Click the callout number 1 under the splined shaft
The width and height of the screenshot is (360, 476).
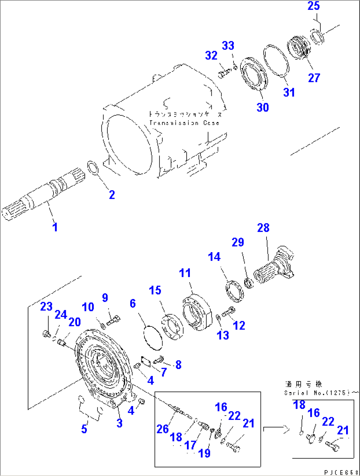pos(55,227)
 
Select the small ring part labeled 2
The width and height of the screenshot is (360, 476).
pos(93,167)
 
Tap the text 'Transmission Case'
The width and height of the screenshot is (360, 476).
pos(184,123)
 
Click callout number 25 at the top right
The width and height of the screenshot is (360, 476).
pos(313,6)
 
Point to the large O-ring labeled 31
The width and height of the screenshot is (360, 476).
pos(276,61)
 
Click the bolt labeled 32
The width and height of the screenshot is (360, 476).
pos(224,73)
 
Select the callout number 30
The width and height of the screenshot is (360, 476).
pos(263,107)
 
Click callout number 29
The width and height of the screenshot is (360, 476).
pos(237,242)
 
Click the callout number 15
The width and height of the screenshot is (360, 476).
pos(155,290)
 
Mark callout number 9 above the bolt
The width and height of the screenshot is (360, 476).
pos(105,298)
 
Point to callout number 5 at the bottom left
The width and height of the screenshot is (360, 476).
pos(84,429)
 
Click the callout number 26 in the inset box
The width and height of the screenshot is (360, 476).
pos(162,429)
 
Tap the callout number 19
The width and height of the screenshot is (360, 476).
pos(204,453)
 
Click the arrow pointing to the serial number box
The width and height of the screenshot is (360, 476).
pos(276,429)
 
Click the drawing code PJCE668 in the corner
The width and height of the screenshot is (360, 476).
pos(341,472)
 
